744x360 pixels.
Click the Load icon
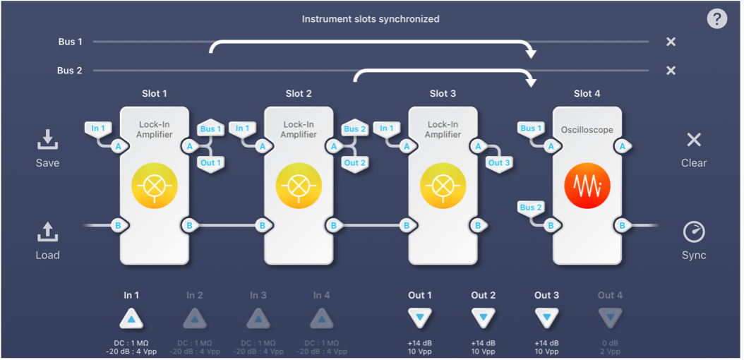47,232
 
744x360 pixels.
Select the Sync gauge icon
694,232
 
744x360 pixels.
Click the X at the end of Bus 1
671,42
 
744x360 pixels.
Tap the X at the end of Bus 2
671,71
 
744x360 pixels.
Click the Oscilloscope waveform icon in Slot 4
587,186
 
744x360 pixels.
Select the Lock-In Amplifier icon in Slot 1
155,186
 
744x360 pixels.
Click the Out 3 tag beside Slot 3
499,162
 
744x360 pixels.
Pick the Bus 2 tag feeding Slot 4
531,208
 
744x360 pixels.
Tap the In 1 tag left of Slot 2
242,128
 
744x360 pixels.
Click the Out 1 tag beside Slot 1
211,162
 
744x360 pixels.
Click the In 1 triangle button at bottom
131,319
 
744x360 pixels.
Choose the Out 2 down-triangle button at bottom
483,319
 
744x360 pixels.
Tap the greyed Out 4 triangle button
611,319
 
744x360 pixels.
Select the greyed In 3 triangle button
258,319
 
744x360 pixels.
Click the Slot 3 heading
443,93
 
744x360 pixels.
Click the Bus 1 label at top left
70,42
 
